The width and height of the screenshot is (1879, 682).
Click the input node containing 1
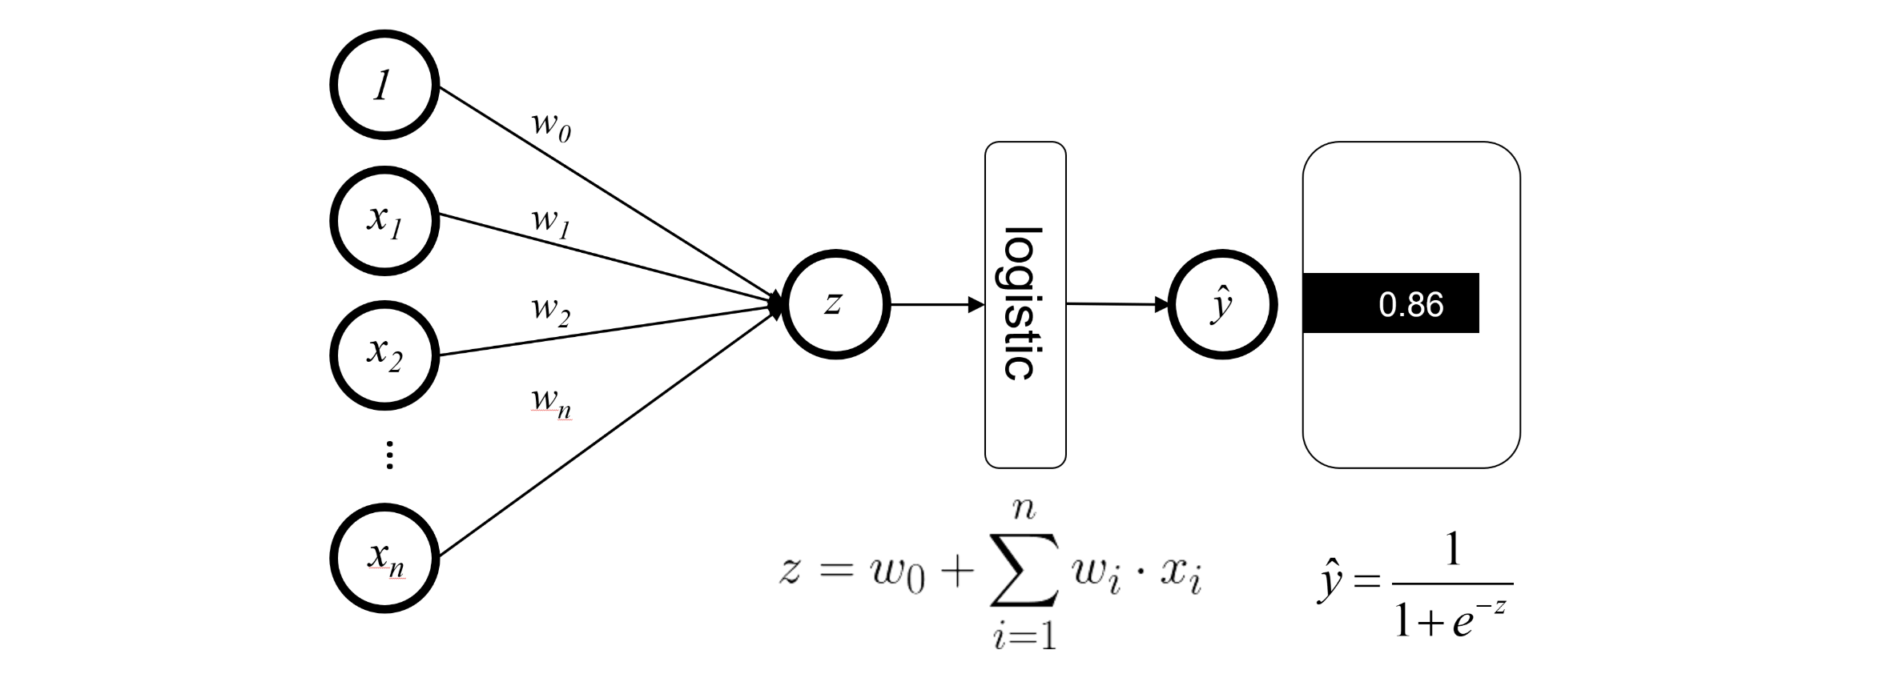pyautogui.click(x=384, y=85)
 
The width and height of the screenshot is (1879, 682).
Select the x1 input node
pyautogui.click(x=384, y=220)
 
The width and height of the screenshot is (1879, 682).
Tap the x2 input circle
pyautogui.click(x=384, y=355)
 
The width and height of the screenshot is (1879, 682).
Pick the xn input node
pyautogui.click(x=384, y=558)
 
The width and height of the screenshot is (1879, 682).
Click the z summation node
pyautogui.click(x=835, y=304)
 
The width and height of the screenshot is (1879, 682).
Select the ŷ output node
pyautogui.click(x=1222, y=304)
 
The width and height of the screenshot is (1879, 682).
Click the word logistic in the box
pyautogui.click(x=1024, y=304)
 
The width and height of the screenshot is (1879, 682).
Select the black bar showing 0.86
pyautogui.click(x=1390, y=303)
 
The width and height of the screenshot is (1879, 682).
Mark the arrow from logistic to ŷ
pyautogui.click(x=1117, y=304)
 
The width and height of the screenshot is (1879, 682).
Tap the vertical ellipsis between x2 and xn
pyautogui.click(x=390, y=454)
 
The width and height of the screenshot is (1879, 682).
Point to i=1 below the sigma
pyautogui.click(x=1024, y=636)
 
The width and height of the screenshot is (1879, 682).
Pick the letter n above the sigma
pyautogui.click(x=1024, y=509)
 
